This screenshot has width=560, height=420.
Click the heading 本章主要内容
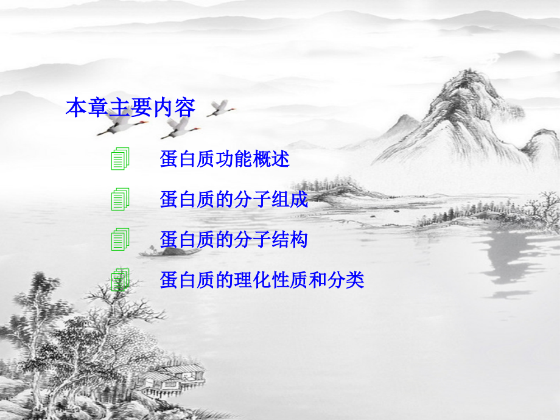(130, 108)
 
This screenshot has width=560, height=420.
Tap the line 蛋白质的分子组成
(234, 199)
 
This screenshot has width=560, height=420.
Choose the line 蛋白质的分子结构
(234, 239)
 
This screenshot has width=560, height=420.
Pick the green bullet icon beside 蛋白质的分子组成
(121, 199)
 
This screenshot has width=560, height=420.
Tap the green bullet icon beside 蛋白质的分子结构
(121, 239)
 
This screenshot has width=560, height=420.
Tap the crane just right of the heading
(220, 109)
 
